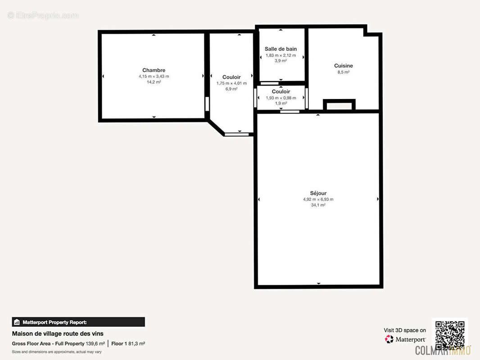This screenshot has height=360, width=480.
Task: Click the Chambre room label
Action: (154, 70)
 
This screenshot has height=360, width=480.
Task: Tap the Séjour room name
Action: (318, 193)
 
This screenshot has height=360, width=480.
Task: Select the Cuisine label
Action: (344, 66)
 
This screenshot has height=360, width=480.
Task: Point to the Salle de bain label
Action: (281, 49)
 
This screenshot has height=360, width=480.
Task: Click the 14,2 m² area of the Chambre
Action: (154, 82)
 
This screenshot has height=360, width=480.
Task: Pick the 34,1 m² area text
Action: (318, 205)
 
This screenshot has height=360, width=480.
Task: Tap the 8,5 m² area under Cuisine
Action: (344, 72)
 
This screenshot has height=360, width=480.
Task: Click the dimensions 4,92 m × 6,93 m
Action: (318, 199)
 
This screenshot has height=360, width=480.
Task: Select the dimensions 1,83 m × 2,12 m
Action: (281, 55)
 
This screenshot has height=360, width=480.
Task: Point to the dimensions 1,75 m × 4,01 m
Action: (231, 83)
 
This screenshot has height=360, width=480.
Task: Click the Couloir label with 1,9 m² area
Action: (281, 91)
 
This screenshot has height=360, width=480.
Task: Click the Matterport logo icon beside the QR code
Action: (389, 339)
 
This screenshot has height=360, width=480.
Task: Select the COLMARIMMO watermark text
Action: (443, 351)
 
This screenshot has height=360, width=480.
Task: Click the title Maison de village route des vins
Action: (58, 334)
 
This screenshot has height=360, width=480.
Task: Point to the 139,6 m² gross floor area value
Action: (95, 343)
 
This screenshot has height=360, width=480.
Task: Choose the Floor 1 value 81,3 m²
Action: (136, 343)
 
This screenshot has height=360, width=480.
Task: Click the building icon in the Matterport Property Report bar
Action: (17, 322)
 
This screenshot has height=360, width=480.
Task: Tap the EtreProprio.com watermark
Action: (43, 15)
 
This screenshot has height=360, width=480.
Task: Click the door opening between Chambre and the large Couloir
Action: (207, 104)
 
